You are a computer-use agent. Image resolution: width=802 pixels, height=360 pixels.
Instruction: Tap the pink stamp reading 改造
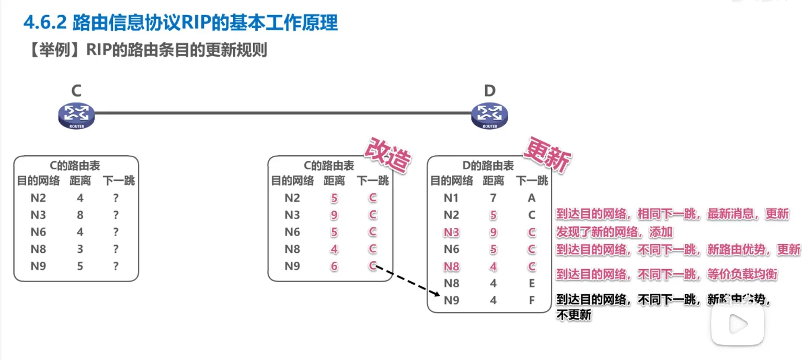coord(387,156)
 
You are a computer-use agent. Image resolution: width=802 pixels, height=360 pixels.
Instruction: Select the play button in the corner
coord(738,324)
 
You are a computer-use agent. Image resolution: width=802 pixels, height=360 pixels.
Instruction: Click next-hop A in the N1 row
coord(532,198)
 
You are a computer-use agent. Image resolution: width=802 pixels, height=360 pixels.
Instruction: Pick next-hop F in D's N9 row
coord(532,300)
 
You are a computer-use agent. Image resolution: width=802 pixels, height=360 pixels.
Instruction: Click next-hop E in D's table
coord(532,284)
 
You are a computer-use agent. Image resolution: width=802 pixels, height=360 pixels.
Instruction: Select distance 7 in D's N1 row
coord(493,198)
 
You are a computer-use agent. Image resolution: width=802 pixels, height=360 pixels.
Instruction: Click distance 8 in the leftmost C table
coord(80,215)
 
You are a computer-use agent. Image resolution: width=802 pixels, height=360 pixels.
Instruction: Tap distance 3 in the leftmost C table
coord(80,249)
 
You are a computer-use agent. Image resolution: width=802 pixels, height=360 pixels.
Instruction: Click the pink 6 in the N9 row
coord(334,266)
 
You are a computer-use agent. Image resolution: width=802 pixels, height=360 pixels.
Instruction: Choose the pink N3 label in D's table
coord(451,233)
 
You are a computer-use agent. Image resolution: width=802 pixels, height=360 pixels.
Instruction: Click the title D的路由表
coord(488,166)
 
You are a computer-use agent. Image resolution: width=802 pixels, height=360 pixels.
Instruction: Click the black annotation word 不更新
coord(574,315)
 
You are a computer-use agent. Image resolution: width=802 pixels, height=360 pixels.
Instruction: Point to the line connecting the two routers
coord(282,112)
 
